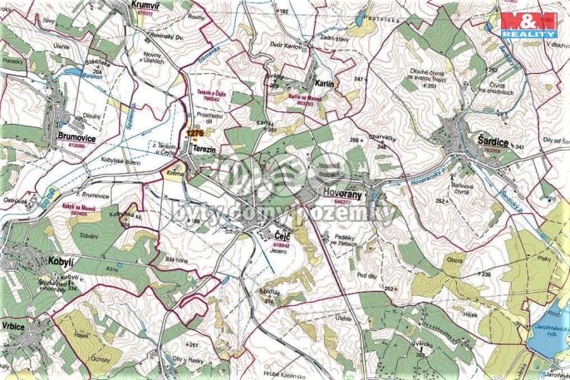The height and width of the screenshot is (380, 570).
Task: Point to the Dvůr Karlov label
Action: [x=287, y=45]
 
